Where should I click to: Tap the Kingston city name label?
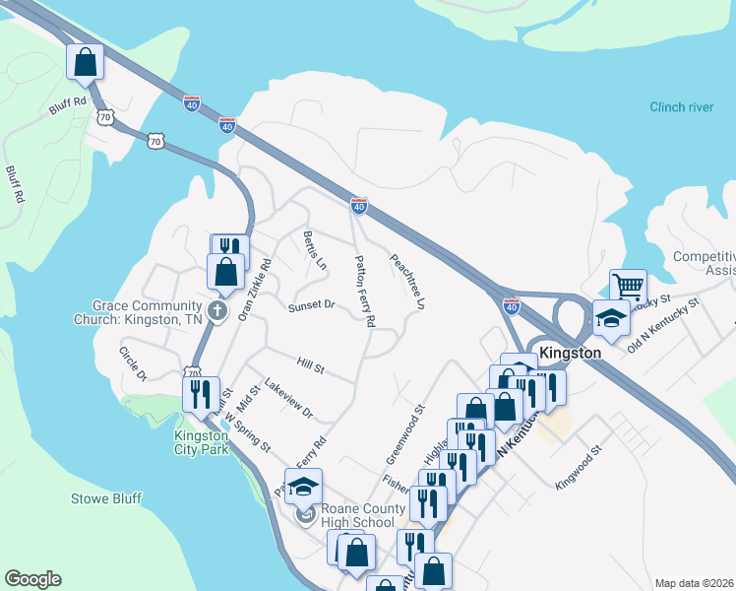point(570,352)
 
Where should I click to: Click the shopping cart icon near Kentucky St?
point(628,287)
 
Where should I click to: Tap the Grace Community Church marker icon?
point(217,311)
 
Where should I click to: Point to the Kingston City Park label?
point(201,442)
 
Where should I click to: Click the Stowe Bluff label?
point(108,498)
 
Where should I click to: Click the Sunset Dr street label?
point(312,306)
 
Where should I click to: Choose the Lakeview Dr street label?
point(288,398)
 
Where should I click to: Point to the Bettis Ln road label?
point(315,250)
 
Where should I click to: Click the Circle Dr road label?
point(133,363)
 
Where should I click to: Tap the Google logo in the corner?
point(32,579)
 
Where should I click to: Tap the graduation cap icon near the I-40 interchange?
point(611,318)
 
